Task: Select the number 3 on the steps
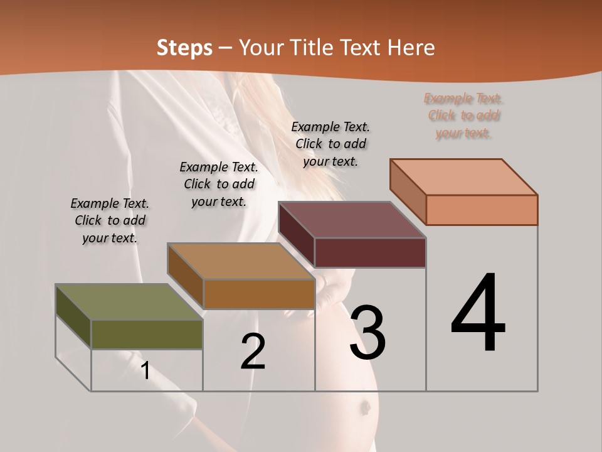[368, 332]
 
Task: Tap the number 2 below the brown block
[253, 351]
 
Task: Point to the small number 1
[145, 370]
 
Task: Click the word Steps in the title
[184, 47]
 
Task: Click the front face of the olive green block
[147, 334]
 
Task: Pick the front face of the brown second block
[258, 294]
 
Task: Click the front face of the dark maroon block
[370, 252]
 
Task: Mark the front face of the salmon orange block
[482, 210]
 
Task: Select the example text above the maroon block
[330, 144]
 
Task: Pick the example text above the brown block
[219, 184]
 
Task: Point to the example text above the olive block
[110, 220]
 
